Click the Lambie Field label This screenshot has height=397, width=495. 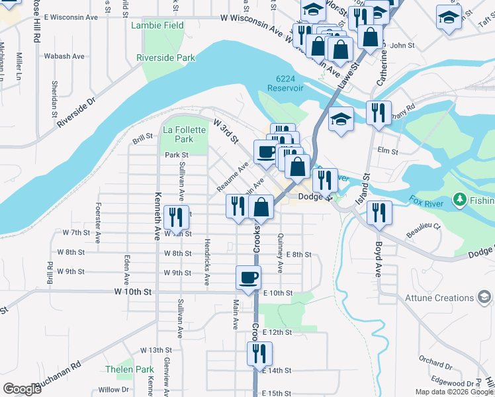(157, 25)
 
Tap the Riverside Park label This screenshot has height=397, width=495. (165, 58)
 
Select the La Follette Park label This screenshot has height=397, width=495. (178, 135)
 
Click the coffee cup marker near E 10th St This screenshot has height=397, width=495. (249, 278)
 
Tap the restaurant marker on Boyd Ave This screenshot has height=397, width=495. (379, 212)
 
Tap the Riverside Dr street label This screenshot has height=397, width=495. (77, 112)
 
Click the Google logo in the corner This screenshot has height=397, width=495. (22, 389)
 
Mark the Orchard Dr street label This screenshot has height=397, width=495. (435, 363)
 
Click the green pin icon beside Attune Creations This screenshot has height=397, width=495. (485, 297)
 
